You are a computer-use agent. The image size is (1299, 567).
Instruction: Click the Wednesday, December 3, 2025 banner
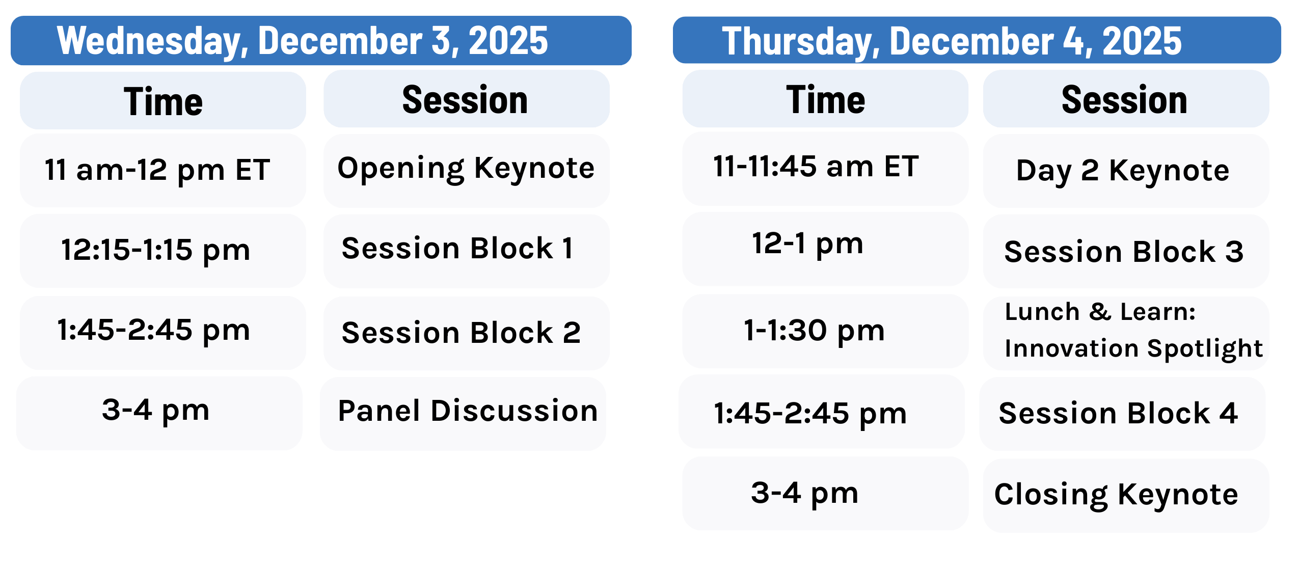pyautogui.click(x=321, y=40)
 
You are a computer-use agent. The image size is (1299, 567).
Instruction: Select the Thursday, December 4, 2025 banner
pyautogui.click(x=977, y=40)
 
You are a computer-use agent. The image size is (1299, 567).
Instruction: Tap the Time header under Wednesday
pyautogui.click(x=163, y=100)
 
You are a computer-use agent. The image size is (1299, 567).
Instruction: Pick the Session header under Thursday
pyautogui.click(x=1126, y=99)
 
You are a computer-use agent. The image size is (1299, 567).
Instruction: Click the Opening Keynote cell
pyautogui.click(x=466, y=170)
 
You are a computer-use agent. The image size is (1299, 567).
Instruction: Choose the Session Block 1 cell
pyautogui.click(x=466, y=251)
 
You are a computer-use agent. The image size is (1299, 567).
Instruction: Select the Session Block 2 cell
pyautogui.click(x=466, y=333)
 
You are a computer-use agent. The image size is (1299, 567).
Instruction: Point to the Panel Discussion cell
pyautogui.click(x=463, y=414)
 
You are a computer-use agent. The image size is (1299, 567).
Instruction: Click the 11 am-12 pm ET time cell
pyautogui.click(x=163, y=170)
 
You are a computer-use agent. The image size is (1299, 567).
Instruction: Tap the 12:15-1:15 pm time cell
pyautogui.click(x=163, y=251)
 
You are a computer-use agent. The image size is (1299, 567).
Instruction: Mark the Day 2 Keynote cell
pyautogui.click(x=1126, y=170)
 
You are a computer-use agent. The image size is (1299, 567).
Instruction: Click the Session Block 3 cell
pyautogui.click(x=1126, y=251)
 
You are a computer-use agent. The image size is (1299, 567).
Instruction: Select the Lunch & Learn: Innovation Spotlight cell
pyautogui.click(x=1126, y=333)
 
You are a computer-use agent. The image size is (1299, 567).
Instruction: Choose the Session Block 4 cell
pyautogui.click(x=1122, y=414)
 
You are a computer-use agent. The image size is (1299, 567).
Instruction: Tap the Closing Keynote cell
pyautogui.click(x=1126, y=495)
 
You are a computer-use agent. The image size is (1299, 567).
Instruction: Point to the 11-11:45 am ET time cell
pyautogui.click(x=825, y=169)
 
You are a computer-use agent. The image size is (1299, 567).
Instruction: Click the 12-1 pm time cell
pyautogui.click(x=825, y=249)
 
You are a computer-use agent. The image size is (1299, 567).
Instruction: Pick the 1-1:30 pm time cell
pyautogui.click(x=825, y=331)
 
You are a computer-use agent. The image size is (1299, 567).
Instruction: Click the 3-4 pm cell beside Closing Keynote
pyautogui.click(x=825, y=493)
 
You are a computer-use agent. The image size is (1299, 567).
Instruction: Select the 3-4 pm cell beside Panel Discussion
pyautogui.click(x=159, y=413)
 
